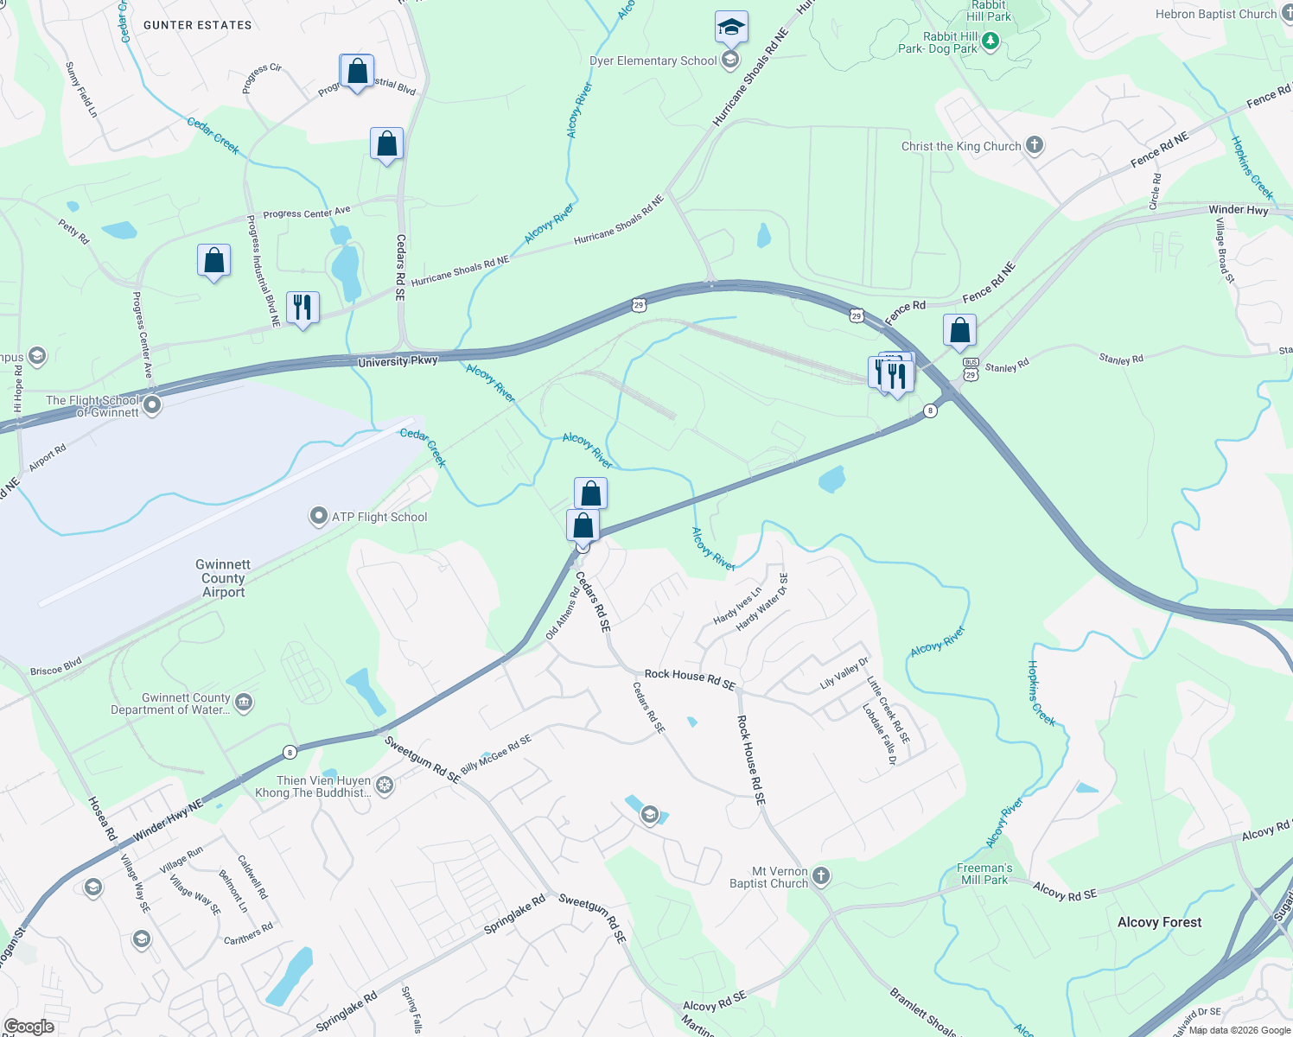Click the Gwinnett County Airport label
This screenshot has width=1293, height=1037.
coord(224,578)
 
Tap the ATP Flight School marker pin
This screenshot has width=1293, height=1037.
coord(318,517)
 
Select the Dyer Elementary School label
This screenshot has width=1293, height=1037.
coord(653,60)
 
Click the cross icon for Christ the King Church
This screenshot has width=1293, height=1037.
coord(1035,145)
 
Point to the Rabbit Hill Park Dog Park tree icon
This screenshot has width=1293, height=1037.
coord(990,41)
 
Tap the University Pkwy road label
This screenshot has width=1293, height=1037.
coord(398,361)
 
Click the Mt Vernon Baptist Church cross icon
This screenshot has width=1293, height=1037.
coord(821,876)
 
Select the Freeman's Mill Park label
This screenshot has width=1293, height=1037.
coord(984,874)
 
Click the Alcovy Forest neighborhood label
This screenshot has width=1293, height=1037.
coord(1159,922)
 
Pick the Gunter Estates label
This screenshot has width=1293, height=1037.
coord(198,25)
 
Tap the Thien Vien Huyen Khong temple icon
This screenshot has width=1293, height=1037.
coord(385,786)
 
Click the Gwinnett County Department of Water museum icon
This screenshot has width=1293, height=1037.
coord(244,702)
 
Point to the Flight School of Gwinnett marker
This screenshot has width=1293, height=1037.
coord(152,404)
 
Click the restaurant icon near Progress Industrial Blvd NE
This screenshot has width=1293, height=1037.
coord(303,307)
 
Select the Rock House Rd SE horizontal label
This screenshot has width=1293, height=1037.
coord(690,678)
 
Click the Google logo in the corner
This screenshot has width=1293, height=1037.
coord(29,1027)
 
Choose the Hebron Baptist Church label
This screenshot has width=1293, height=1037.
coord(1215,14)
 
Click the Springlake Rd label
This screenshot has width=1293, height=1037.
coord(514,914)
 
